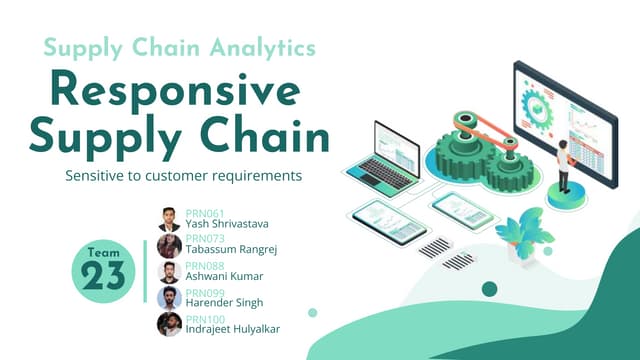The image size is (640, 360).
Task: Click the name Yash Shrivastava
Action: point(227,224)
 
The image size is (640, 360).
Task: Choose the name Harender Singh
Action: point(223,302)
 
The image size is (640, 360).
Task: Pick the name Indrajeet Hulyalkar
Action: point(233,328)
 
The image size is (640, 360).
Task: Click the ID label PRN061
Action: point(204,213)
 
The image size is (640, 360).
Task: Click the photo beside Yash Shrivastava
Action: point(169,220)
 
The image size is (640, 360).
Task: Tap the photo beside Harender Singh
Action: point(169,298)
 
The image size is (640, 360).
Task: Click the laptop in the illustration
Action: point(381,155)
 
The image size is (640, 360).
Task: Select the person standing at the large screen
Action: point(563,165)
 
